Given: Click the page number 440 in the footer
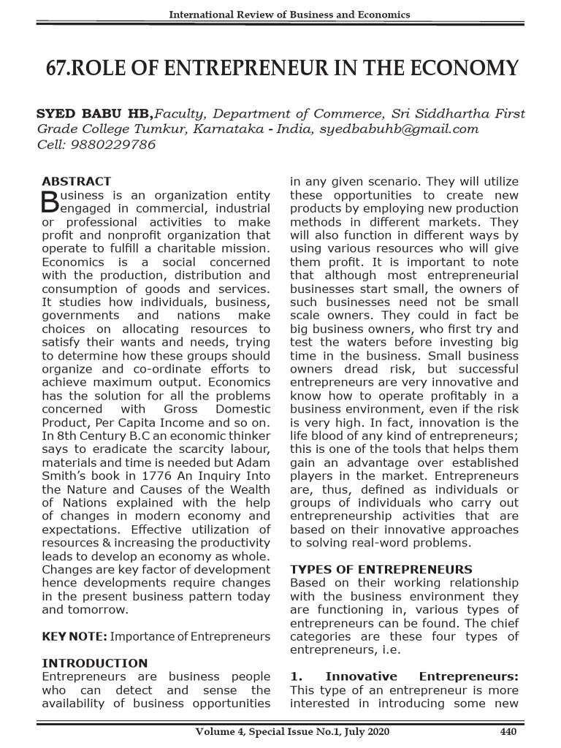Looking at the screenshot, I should click(x=508, y=731).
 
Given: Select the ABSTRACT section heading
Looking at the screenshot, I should click(x=77, y=181).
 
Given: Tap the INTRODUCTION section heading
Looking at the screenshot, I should click(x=94, y=663).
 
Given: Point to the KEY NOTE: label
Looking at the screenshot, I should click(x=75, y=637).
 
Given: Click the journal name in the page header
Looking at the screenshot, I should click(x=289, y=15).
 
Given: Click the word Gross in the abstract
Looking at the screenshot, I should click(x=180, y=410).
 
